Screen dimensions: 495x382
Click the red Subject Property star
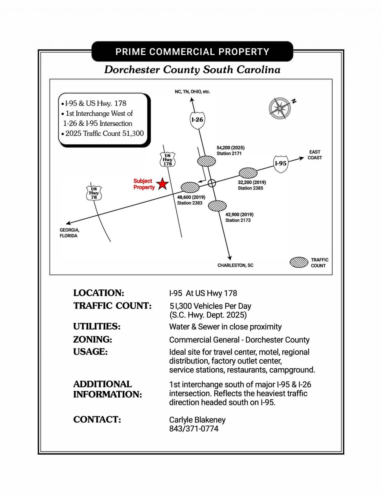click(162, 184)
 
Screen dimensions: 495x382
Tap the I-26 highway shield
click(197, 120)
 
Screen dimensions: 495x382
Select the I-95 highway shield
click(281, 164)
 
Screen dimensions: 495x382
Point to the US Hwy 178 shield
click(167, 160)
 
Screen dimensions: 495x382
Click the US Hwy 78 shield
click(94, 193)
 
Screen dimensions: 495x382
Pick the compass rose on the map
click(280, 108)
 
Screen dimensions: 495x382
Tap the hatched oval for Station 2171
click(207, 161)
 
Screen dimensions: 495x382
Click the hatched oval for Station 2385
click(248, 173)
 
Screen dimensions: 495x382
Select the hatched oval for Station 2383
click(190, 187)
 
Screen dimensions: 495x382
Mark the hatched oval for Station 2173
click(217, 206)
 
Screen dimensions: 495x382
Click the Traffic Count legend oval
click(299, 262)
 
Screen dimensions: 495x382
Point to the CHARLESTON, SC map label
click(235, 265)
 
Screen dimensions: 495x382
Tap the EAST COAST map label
click(315, 155)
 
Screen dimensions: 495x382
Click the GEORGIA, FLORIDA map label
click(69, 233)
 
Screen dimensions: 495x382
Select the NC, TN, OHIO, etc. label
click(192, 92)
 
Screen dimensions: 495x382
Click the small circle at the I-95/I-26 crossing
click(212, 183)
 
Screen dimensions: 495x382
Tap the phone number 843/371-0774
click(194, 429)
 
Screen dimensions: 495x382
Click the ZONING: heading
click(93, 339)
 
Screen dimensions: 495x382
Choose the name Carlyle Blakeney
click(197, 420)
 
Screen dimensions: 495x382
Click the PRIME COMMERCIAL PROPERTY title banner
click(192, 52)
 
